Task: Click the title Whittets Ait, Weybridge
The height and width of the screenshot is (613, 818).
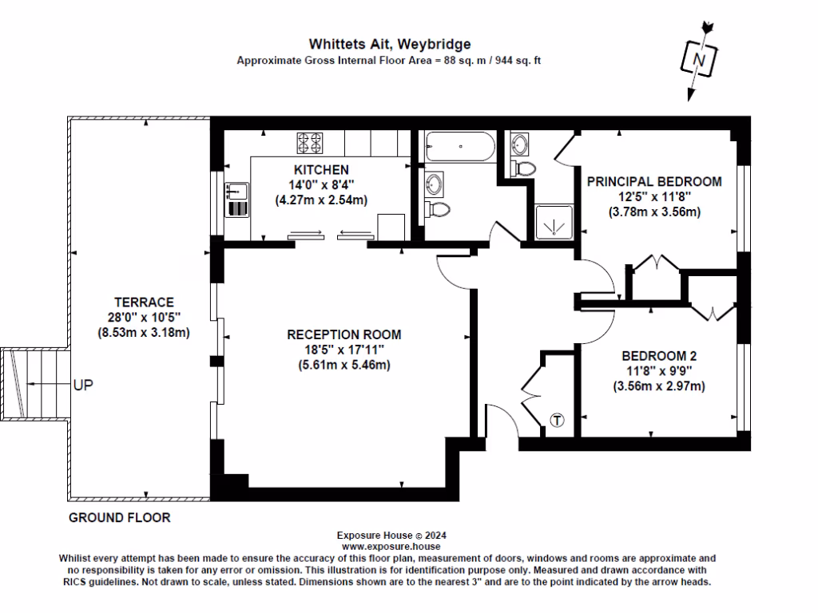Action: coord(390,44)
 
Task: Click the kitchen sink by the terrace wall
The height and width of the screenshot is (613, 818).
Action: coord(236,191)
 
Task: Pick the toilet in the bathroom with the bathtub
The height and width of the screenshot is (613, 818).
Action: coord(439,209)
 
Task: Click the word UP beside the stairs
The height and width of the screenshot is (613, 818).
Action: coord(83,385)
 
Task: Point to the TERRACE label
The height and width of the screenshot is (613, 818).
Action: coord(144,303)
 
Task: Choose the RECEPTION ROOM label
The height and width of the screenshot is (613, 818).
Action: coord(343,334)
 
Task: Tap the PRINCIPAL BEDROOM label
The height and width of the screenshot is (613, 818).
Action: coord(654,181)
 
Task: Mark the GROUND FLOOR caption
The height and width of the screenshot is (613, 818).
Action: coord(119,518)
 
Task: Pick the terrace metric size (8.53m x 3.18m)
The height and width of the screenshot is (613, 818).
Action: coord(144,333)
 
